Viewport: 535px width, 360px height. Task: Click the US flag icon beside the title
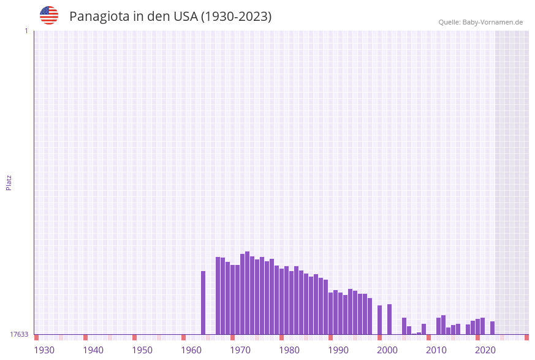49,15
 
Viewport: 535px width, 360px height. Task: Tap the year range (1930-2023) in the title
236,17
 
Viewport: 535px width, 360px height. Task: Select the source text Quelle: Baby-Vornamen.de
480,22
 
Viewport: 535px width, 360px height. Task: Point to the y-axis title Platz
9,182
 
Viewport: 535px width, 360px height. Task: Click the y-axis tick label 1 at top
26,31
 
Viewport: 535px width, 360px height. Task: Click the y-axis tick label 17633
19,334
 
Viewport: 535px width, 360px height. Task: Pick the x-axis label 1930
44,350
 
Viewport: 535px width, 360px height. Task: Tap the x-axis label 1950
142,350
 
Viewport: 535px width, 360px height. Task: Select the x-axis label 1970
240,350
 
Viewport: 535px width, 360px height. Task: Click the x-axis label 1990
338,350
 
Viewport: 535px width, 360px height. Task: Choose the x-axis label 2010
436,350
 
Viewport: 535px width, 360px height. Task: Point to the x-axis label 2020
485,350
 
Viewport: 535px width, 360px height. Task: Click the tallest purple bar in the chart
247,293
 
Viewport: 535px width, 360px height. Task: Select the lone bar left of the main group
203,303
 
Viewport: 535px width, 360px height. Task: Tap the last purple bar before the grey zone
492,328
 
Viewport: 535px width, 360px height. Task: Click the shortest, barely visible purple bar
414,334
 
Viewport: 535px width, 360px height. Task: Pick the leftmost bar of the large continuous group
218,296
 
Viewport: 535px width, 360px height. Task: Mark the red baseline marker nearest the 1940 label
85,337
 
